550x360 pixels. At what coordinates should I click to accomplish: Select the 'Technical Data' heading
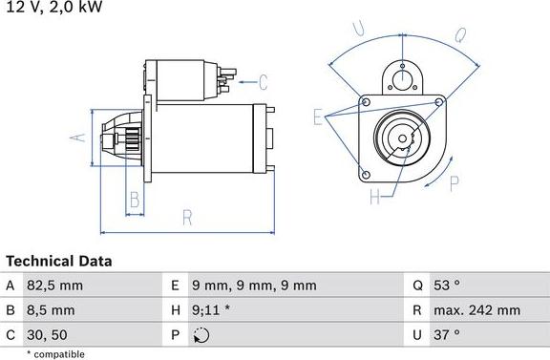point(59,261)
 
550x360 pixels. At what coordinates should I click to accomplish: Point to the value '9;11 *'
point(212,309)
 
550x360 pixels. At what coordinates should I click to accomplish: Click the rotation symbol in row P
point(200,334)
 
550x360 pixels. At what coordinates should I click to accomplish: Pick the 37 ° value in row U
point(448,334)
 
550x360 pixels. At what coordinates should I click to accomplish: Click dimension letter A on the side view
point(81,137)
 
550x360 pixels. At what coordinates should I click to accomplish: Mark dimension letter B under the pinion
point(135,200)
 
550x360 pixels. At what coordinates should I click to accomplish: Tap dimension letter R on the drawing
point(187,218)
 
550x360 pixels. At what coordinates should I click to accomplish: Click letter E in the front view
point(319,116)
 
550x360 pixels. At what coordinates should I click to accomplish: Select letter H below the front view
point(375,198)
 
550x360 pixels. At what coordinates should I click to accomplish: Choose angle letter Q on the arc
point(459,36)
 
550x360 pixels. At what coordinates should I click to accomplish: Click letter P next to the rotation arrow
point(455,182)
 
